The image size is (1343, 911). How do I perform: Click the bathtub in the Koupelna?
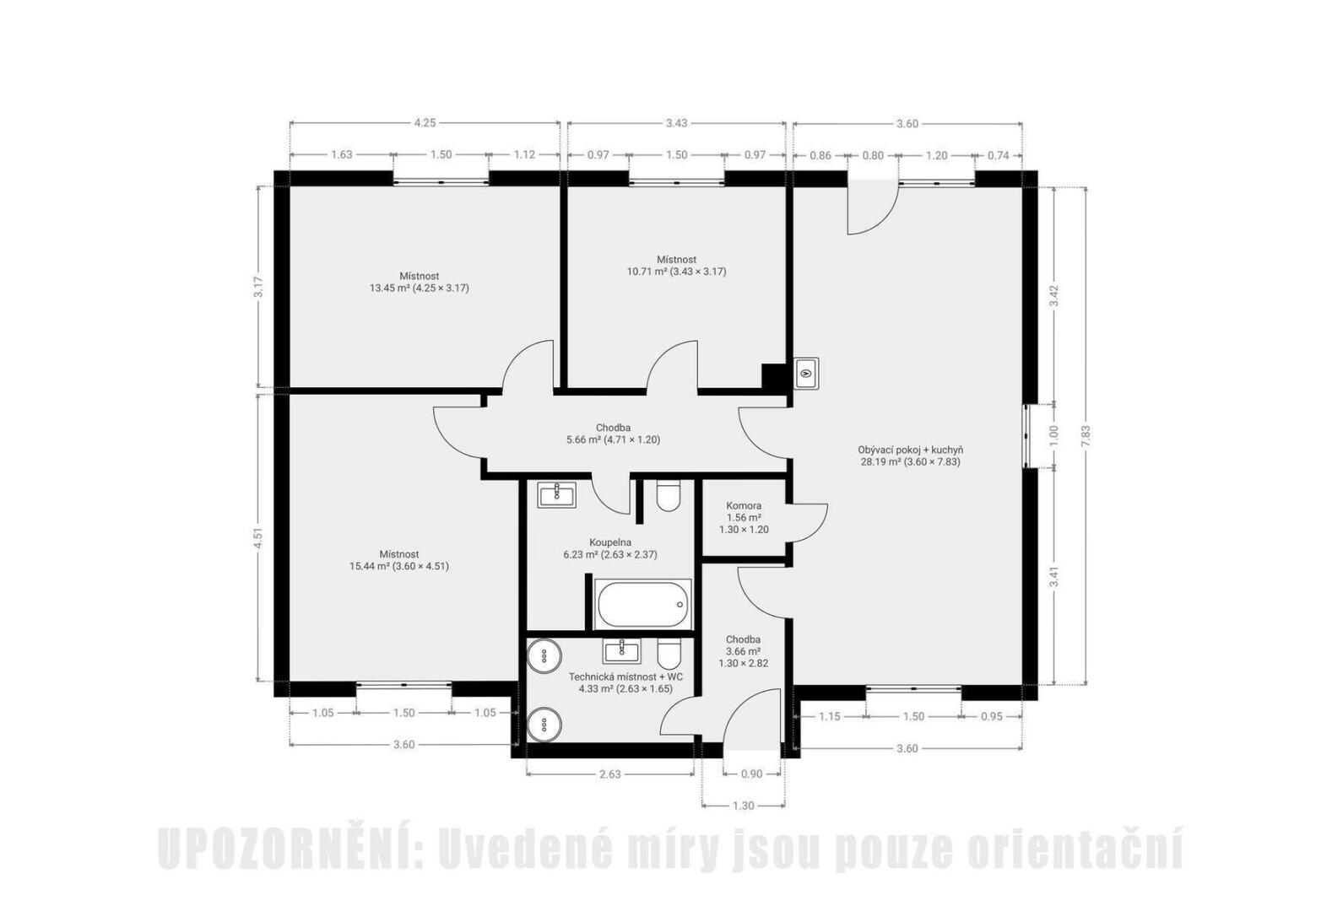click(x=642, y=604)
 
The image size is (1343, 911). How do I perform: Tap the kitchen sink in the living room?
click(x=806, y=373)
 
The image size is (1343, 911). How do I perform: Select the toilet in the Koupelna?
click(x=668, y=495)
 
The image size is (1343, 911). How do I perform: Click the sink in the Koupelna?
click(x=556, y=495)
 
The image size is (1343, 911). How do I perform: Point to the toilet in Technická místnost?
click(x=668, y=654)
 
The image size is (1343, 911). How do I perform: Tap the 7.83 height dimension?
click(x=1086, y=436)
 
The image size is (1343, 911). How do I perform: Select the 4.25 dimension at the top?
click(x=425, y=123)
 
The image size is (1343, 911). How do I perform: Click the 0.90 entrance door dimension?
click(x=751, y=774)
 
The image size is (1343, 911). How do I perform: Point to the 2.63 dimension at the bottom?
click(x=609, y=774)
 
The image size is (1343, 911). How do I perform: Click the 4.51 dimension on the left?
click(x=257, y=537)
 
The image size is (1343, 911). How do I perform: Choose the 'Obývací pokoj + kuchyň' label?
click(x=911, y=450)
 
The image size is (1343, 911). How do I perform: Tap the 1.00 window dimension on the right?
click(x=1055, y=436)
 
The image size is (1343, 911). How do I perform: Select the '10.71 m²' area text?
click(x=647, y=272)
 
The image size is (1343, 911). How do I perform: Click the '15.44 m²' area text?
click(x=370, y=566)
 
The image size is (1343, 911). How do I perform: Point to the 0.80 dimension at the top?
click(x=873, y=156)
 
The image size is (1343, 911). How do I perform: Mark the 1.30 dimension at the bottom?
click(x=743, y=806)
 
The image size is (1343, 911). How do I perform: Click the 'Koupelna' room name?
click(x=609, y=542)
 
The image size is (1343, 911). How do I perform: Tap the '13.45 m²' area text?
click(x=389, y=288)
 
